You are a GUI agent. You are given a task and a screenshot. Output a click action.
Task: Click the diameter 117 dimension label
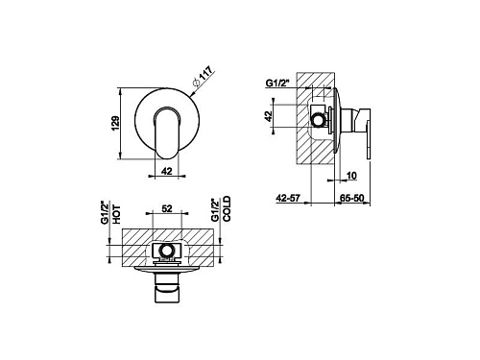[203, 77]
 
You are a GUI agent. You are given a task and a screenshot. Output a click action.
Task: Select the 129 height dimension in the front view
[115, 123]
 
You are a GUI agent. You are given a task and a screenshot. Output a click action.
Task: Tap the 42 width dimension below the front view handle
[167, 171]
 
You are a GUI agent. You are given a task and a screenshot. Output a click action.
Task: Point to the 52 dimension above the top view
[167, 208]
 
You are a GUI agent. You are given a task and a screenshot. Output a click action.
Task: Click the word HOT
[116, 214]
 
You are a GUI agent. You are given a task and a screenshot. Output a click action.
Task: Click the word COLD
[227, 209]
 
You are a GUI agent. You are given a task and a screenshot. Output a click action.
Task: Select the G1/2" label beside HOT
[105, 212]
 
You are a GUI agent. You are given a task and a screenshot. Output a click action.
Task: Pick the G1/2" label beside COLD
[215, 210]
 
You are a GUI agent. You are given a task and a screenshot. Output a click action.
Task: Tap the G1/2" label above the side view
[277, 83]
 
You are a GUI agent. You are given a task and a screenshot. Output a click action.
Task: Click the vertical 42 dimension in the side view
[269, 116]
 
